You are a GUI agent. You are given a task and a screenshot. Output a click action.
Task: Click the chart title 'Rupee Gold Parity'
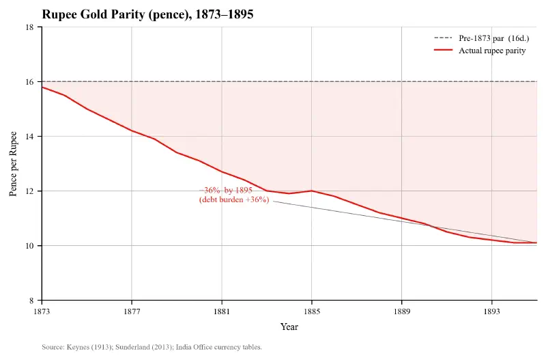click(x=147, y=14)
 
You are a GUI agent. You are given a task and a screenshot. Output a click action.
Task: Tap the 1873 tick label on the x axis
click(x=42, y=311)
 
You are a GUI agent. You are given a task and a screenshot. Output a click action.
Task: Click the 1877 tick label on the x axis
click(x=132, y=311)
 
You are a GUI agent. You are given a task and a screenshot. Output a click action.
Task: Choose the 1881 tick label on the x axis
click(x=222, y=311)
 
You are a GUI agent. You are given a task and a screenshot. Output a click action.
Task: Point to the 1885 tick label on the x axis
click(x=311, y=311)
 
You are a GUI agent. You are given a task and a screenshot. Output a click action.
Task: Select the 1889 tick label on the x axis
click(x=401, y=311)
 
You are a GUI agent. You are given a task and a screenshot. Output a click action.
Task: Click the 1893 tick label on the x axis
click(x=491, y=311)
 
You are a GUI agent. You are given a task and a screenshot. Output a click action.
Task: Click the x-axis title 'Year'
click(x=289, y=327)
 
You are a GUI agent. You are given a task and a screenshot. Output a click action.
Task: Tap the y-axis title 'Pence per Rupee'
click(x=13, y=164)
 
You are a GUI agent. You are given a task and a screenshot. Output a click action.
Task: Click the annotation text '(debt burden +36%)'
click(x=234, y=200)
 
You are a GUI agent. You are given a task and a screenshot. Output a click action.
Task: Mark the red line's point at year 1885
click(x=311, y=191)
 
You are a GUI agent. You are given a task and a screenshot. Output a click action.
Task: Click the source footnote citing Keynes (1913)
click(x=152, y=347)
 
